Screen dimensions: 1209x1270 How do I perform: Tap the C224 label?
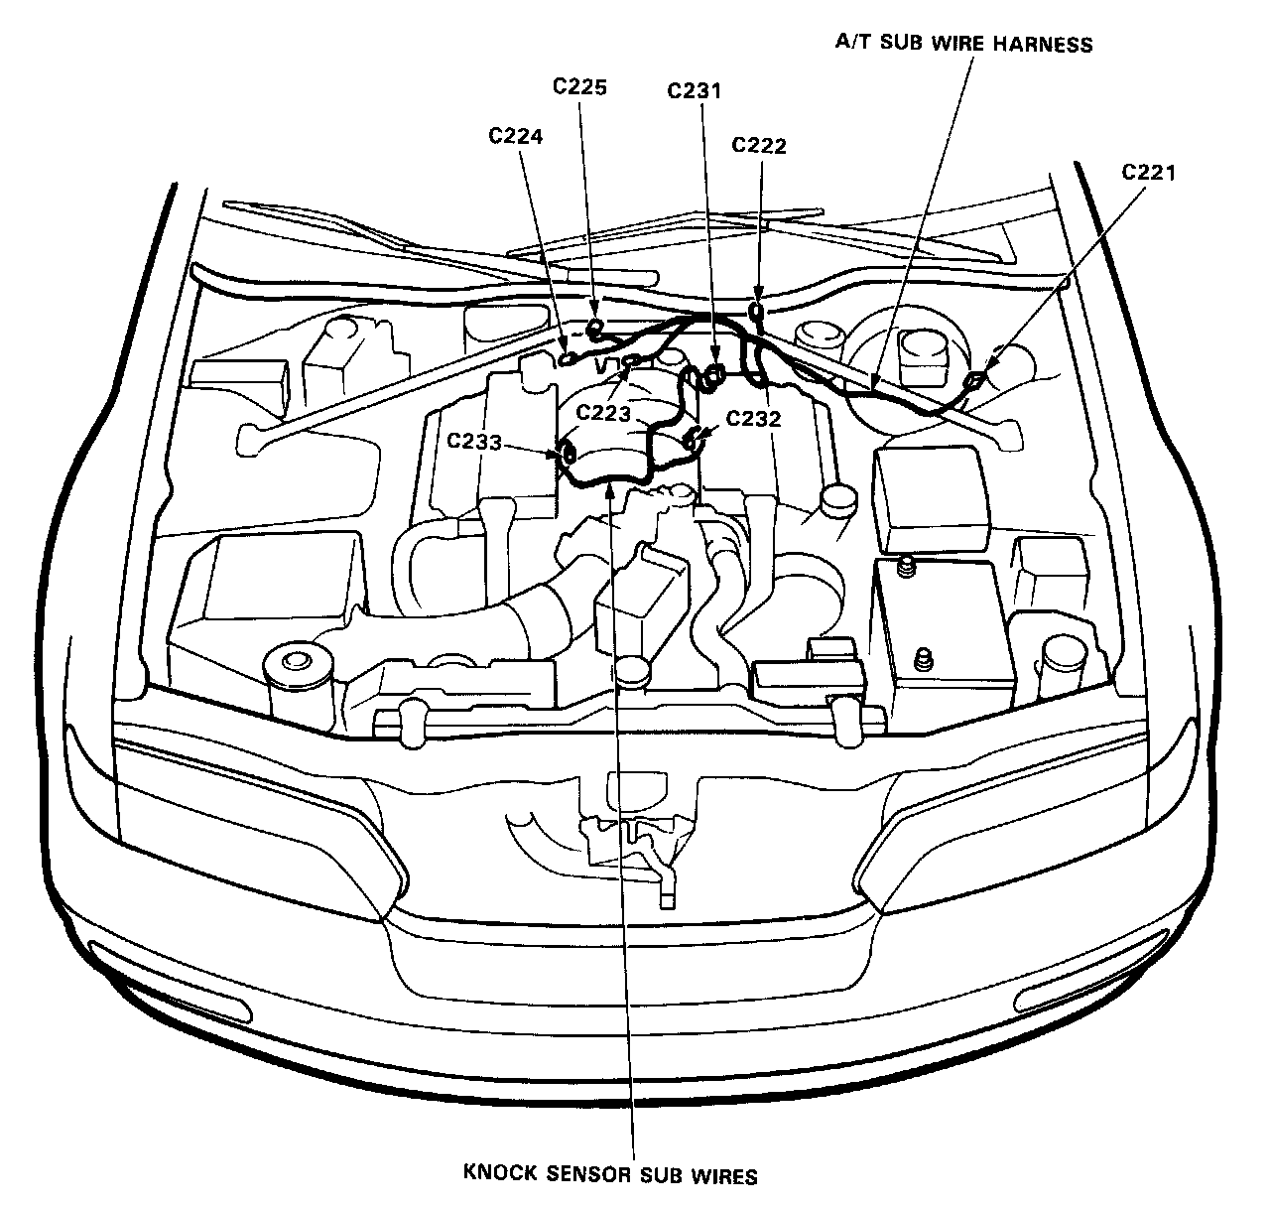[515, 136]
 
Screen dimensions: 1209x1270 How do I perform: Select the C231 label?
[694, 90]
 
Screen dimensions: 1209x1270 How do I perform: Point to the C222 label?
[759, 145]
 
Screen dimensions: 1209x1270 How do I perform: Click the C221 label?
[1148, 172]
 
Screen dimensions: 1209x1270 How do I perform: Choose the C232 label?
[753, 419]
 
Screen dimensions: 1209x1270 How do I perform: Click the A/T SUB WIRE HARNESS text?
[961, 44]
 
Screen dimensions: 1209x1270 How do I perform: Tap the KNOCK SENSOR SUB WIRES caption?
[611, 1175]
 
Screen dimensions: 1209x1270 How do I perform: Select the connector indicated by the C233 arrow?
[570, 455]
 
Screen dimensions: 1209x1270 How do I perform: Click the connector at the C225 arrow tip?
[596, 328]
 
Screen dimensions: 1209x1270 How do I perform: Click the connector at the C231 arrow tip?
[713, 375]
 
